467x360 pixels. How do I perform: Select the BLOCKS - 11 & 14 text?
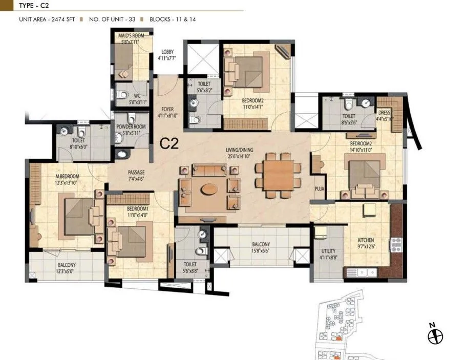(x=174, y=19)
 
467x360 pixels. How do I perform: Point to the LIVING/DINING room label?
(x=243, y=150)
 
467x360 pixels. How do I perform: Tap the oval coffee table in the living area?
(x=208, y=188)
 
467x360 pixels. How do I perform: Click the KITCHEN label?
(x=366, y=240)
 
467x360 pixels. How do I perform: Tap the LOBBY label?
(x=167, y=52)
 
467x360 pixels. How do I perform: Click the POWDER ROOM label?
(x=131, y=126)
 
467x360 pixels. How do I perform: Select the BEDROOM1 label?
(x=125, y=209)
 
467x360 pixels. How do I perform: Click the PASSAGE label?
(x=136, y=173)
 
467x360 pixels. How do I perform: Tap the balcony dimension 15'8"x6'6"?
(x=261, y=251)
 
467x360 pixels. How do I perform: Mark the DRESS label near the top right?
(x=384, y=112)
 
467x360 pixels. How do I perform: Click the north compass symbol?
(x=435, y=336)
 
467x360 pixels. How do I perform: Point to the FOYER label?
(x=167, y=109)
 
